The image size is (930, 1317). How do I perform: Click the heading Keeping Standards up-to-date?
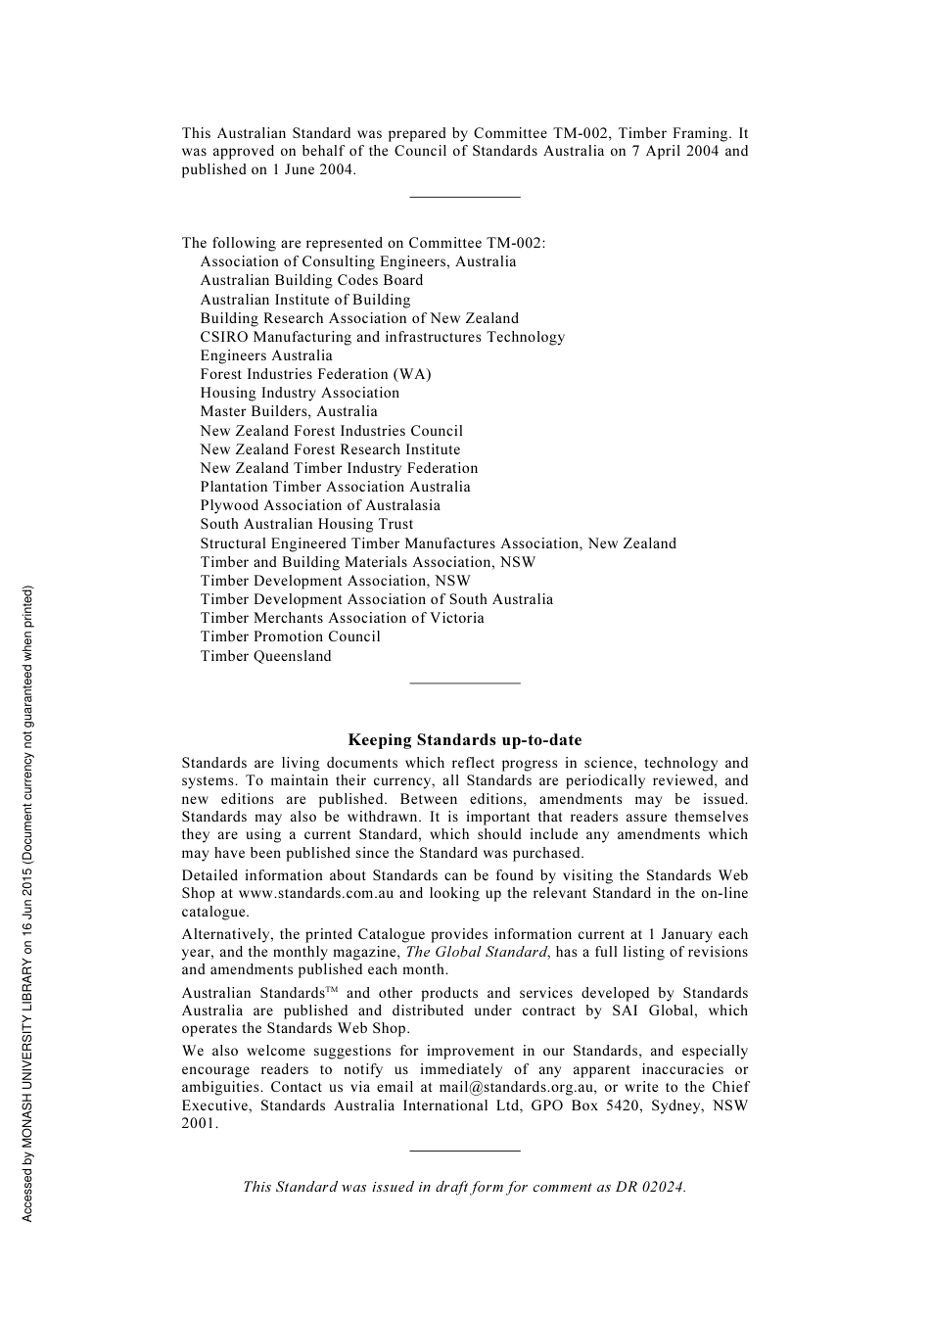point(464,740)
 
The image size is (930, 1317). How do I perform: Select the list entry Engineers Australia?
point(266,355)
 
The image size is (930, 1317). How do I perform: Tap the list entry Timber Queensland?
point(266,656)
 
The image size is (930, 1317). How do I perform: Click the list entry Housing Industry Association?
point(300,393)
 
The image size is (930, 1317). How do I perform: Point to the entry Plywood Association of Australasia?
point(320,505)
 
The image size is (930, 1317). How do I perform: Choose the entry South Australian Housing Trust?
point(306,524)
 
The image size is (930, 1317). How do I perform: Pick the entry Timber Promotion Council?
point(291,636)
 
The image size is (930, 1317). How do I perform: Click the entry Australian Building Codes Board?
point(311,280)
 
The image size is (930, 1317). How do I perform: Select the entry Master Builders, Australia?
point(289,411)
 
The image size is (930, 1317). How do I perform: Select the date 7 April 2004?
point(682,151)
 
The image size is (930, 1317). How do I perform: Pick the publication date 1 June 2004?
point(312,169)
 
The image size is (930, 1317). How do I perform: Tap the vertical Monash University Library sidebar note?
point(28,903)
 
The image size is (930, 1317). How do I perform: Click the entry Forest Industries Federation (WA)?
point(315,374)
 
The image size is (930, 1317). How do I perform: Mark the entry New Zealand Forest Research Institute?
point(330,449)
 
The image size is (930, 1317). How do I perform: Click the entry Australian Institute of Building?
point(305,300)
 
